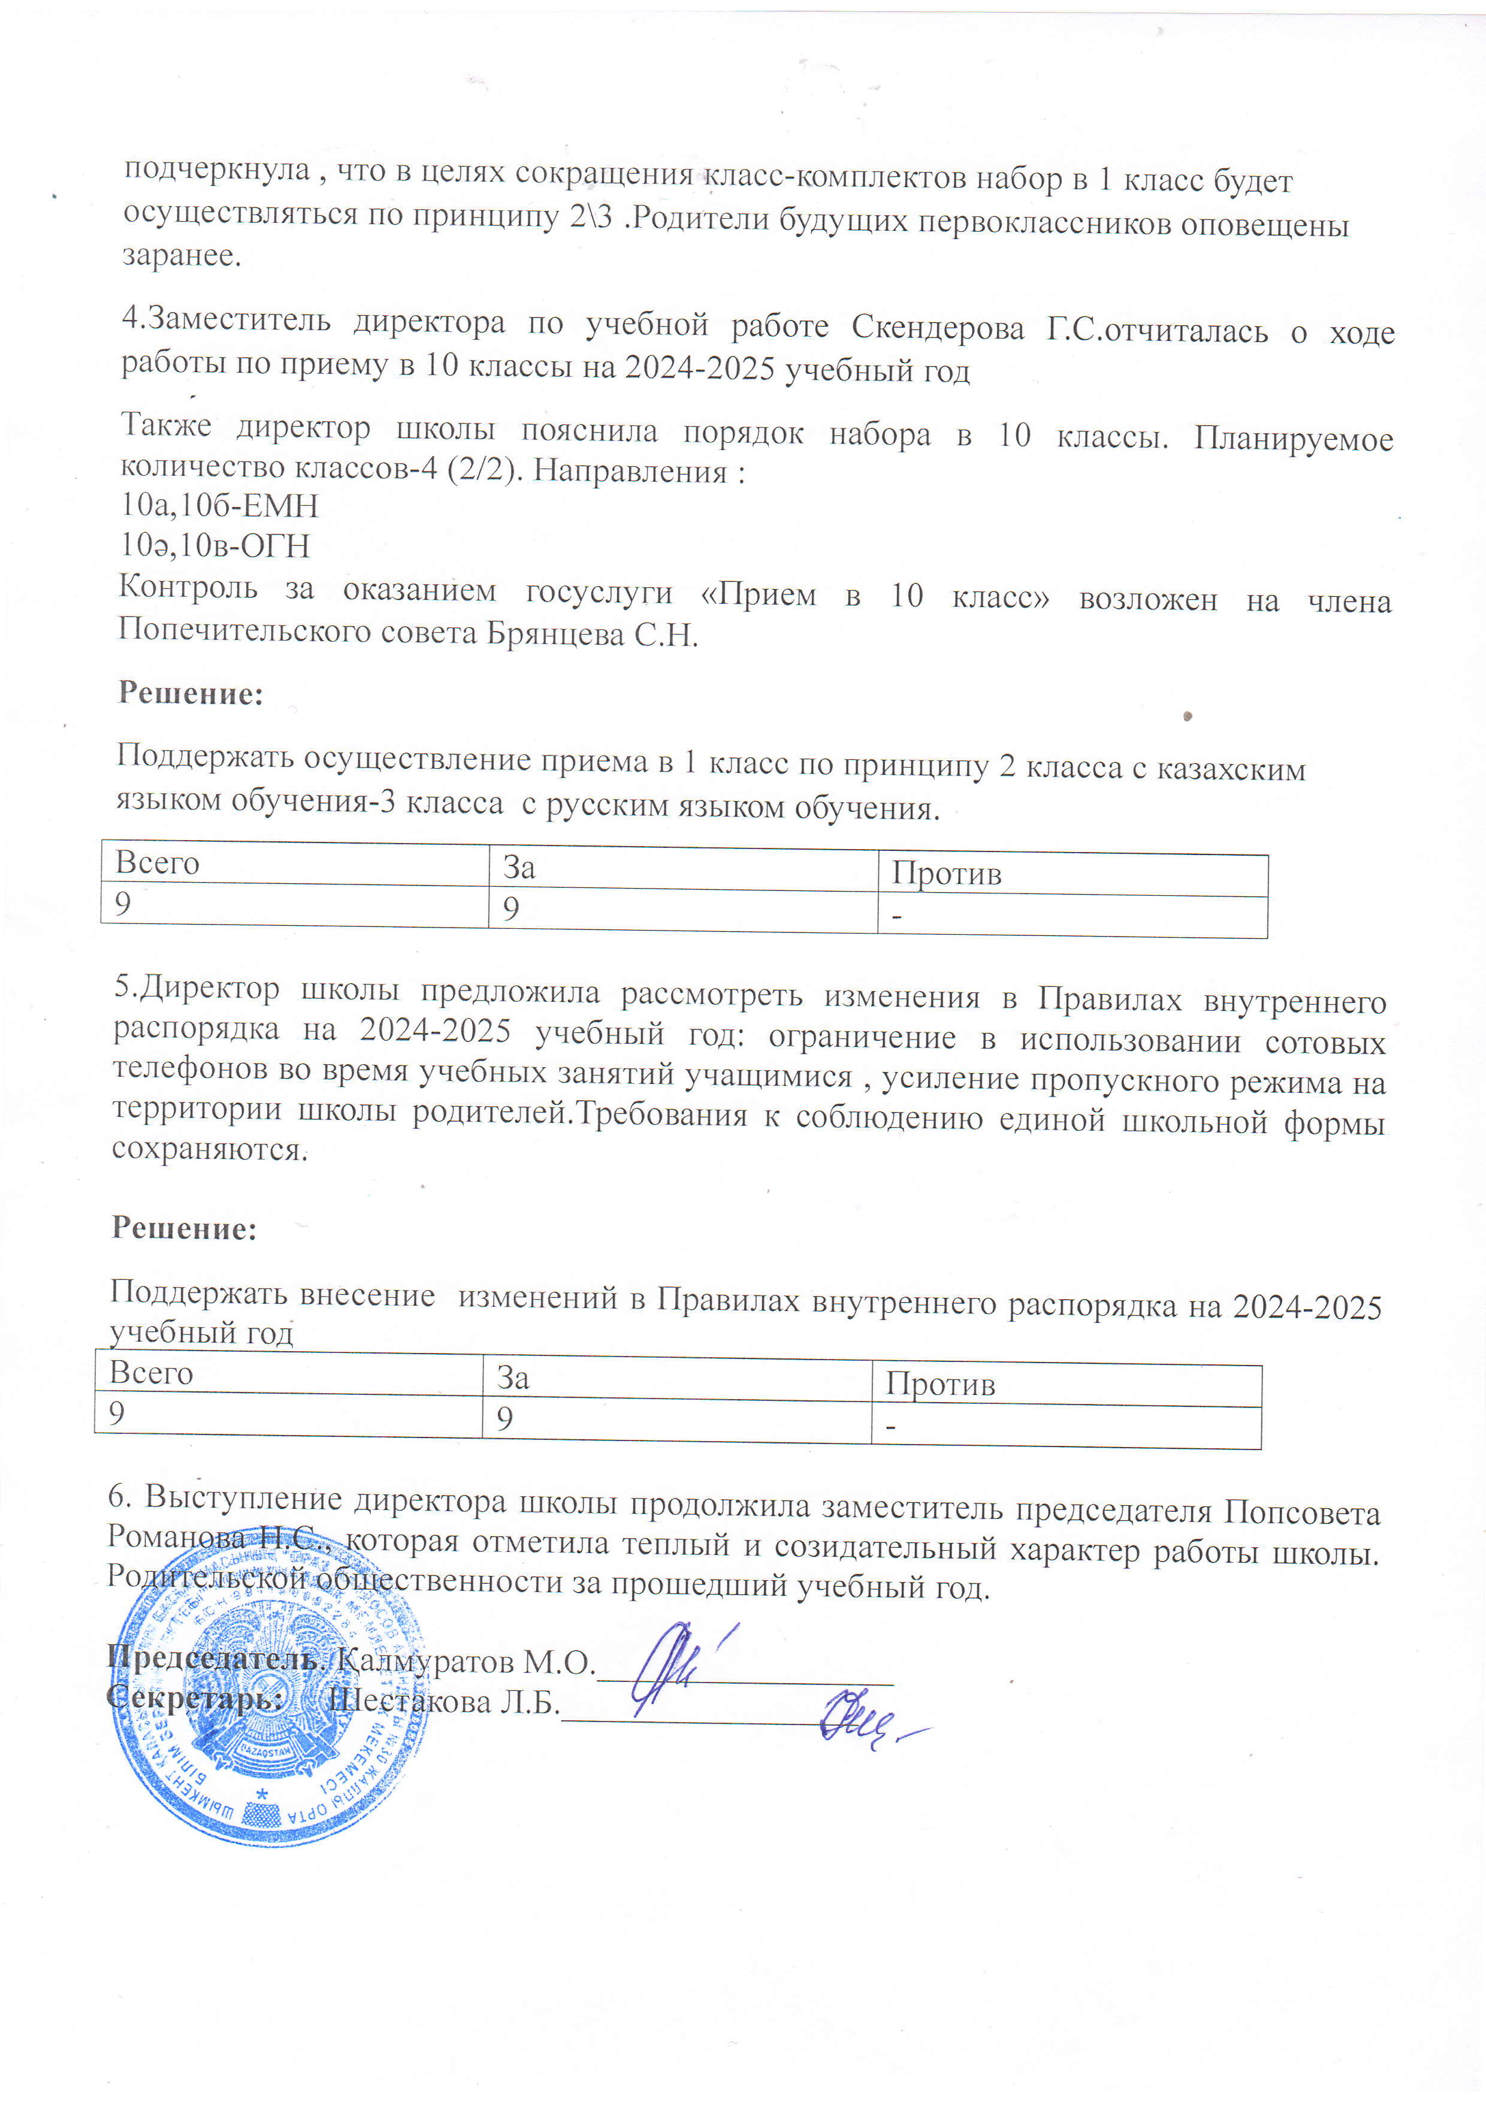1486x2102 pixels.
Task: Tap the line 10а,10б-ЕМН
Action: [x=220, y=505]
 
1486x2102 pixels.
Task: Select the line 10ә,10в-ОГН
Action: [x=215, y=546]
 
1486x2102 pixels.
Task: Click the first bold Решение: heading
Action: [x=191, y=693]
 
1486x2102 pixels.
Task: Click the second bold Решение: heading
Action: [x=184, y=1228]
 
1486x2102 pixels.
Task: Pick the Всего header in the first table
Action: [x=158, y=862]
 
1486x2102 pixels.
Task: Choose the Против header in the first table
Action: [x=947, y=874]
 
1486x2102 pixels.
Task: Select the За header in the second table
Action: [x=514, y=1378]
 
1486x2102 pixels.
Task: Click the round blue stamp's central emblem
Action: [x=265, y=1694]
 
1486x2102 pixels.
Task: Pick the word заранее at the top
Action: [x=182, y=255]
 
